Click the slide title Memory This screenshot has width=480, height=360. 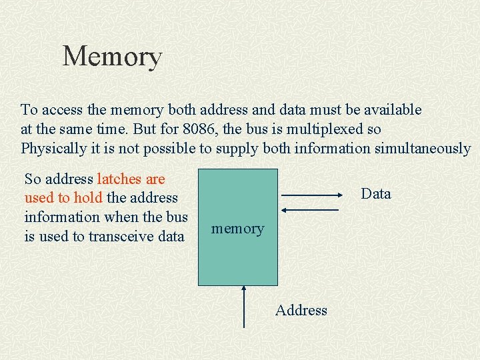point(112,57)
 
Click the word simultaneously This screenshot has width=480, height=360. point(423,148)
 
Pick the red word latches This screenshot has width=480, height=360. point(119,179)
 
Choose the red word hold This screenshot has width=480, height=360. point(88,198)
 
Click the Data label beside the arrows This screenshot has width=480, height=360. point(375,194)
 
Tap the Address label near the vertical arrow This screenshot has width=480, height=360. point(301,310)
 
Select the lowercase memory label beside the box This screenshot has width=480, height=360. point(237,229)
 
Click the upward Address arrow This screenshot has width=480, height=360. point(245,306)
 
